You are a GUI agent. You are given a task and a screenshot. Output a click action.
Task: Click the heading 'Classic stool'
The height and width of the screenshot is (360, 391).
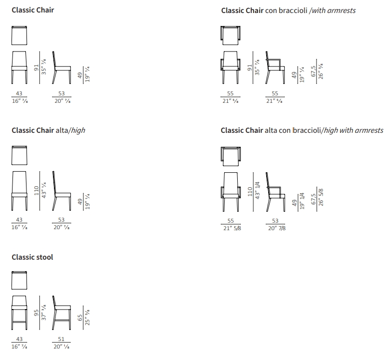pyautogui.click(x=32, y=257)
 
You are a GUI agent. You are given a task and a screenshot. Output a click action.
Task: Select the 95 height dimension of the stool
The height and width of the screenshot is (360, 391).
pyautogui.click(x=36, y=313)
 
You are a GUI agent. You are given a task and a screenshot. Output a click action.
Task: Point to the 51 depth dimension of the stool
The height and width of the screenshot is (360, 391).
pyautogui.click(x=61, y=340)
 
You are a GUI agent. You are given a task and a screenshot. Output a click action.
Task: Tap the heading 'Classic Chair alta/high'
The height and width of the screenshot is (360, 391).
pyautogui.click(x=48, y=130)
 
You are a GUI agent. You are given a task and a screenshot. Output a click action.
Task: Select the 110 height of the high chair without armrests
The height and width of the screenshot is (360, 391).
pyautogui.click(x=36, y=190)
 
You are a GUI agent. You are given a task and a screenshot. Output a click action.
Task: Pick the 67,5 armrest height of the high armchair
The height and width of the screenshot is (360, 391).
pyautogui.click(x=314, y=197)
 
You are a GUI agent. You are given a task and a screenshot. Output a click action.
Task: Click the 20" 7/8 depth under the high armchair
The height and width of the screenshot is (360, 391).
pyautogui.click(x=276, y=228)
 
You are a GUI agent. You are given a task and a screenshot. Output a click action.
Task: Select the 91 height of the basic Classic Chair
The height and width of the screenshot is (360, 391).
pyautogui.click(x=36, y=67)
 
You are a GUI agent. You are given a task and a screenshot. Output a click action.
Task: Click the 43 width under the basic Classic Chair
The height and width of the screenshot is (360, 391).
pyautogui.click(x=19, y=93)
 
